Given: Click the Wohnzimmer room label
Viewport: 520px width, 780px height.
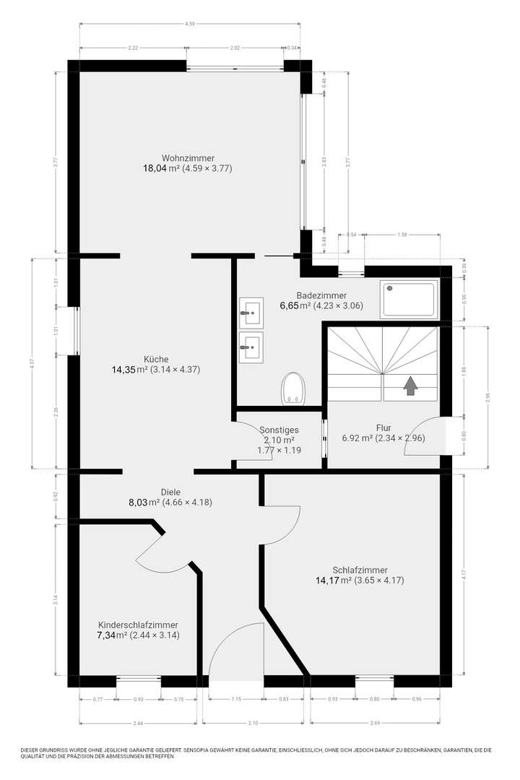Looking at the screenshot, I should click(x=188, y=157).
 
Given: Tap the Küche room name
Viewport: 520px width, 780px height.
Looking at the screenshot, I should click(x=156, y=359).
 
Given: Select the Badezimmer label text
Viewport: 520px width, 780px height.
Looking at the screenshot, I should click(x=321, y=295).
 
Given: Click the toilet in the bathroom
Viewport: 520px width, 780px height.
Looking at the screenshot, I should click(x=293, y=387).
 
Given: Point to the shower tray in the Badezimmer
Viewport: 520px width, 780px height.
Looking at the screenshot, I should click(x=409, y=299).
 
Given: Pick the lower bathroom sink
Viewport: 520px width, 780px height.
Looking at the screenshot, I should click(x=251, y=347).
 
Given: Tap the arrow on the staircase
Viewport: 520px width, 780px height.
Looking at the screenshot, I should click(x=410, y=386).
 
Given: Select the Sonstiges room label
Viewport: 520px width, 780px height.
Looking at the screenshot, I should click(x=279, y=430).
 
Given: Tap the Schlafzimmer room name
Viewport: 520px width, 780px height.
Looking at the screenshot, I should click(x=359, y=569).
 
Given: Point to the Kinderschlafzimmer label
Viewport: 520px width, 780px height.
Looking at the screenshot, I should click(x=138, y=625).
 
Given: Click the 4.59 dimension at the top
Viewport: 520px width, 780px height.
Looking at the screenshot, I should click(x=190, y=24).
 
